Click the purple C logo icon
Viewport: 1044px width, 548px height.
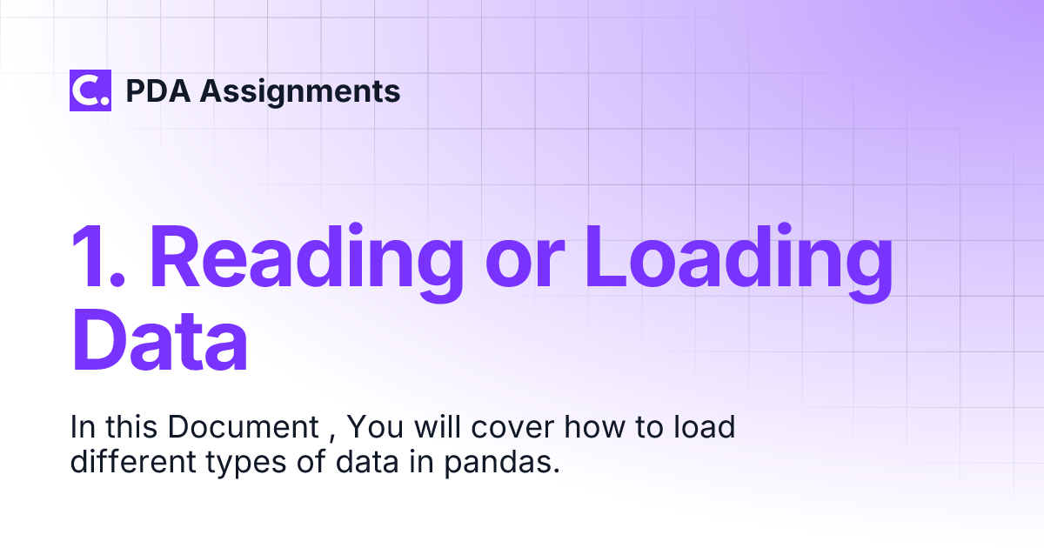[90, 90]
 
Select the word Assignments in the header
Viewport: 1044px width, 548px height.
[300, 91]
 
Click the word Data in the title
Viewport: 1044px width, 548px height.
[159, 337]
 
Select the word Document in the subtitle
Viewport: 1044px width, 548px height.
[244, 428]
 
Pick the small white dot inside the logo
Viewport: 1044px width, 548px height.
[104, 101]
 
